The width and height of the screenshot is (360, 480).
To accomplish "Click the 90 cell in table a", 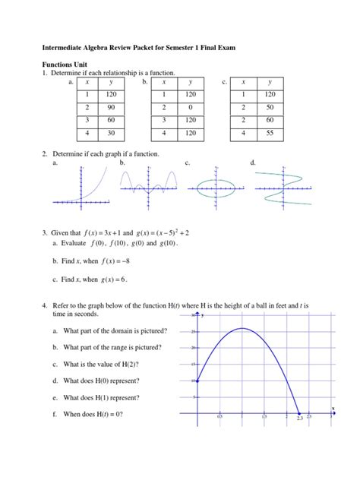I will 112,107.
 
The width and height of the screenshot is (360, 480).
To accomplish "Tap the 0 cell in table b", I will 190,107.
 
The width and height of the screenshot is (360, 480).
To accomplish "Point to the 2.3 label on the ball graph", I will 300,418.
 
